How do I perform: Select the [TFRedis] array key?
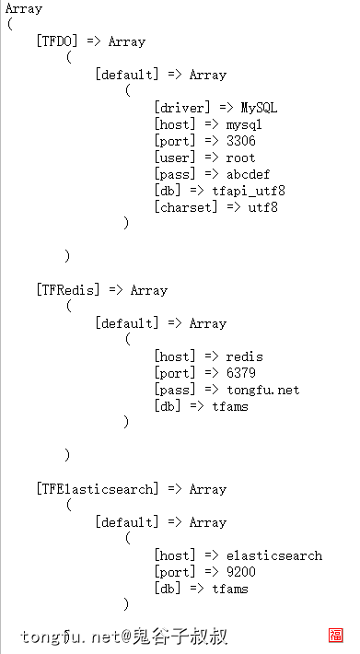pyautogui.click(x=69, y=290)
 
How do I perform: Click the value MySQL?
pyautogui.click(x=260, y=108)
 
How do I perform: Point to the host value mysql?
pyautogui.click(x=245, y=124)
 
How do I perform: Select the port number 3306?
pyautogui.click(x=241, y=141)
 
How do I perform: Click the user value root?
pyautogui.click(x=241, y=158)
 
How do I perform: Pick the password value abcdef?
pyautogui.click(x=249, y=174)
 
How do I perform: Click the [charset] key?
pyautogui.click(x=184, y=207)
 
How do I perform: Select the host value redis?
pyautogui.click(x=245, y=356)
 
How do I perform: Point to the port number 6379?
pyautogui.click(x=241, y=373)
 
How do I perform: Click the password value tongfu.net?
pyautogui.click(x=263, y=390)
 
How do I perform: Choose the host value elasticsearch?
pyautogui.click(x=274, y=555)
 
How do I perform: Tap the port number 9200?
pyautogui.click(x=241, y=572)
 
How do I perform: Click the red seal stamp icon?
pyautogui.click(x=336, y=636)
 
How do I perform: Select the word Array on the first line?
pyautogui.click(x=24, y=8)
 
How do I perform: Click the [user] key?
pyautogui.click(x=173, y=158)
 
